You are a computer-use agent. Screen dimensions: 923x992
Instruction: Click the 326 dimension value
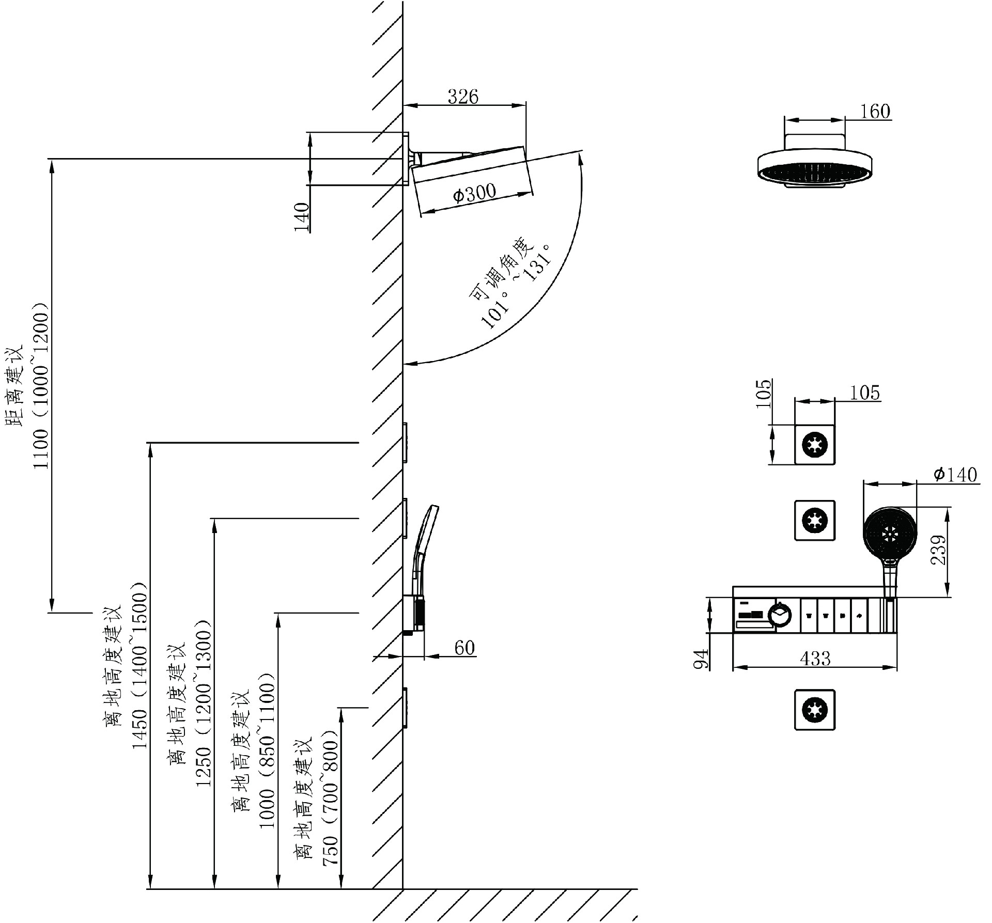point(463,97)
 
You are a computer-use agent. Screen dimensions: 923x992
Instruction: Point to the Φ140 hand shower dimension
point(955,474)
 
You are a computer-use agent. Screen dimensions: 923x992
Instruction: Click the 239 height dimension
point(939,550)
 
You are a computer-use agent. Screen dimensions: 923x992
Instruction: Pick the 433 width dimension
point(815,658)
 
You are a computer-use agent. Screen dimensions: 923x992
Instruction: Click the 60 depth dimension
point(464,647)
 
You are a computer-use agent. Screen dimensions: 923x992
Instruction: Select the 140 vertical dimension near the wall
point(302,217)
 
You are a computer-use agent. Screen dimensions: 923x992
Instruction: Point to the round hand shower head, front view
point(890,533)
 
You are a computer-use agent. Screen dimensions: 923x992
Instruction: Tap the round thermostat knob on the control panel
point(779,615)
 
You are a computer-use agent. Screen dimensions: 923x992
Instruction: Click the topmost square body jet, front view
point(814,445)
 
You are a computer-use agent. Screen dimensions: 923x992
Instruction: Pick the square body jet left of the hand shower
point(814,520)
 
